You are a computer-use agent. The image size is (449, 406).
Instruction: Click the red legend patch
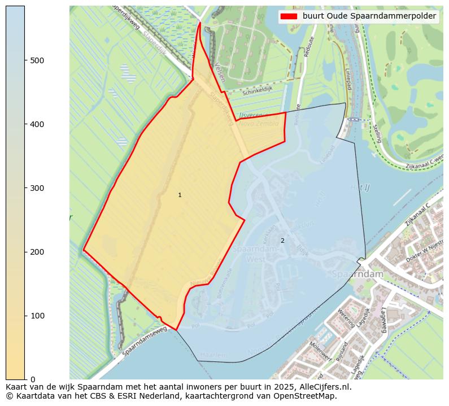point(288,16)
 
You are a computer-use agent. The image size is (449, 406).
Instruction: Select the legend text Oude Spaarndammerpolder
point(369,16)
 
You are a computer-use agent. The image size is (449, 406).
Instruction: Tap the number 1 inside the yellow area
point(180,195)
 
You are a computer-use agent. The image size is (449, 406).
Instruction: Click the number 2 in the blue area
point(282,241)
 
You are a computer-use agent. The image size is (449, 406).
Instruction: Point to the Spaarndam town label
point(358,274)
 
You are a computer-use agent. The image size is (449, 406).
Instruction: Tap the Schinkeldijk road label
point(257,91)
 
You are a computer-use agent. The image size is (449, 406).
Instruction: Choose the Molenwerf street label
point(319,351)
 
